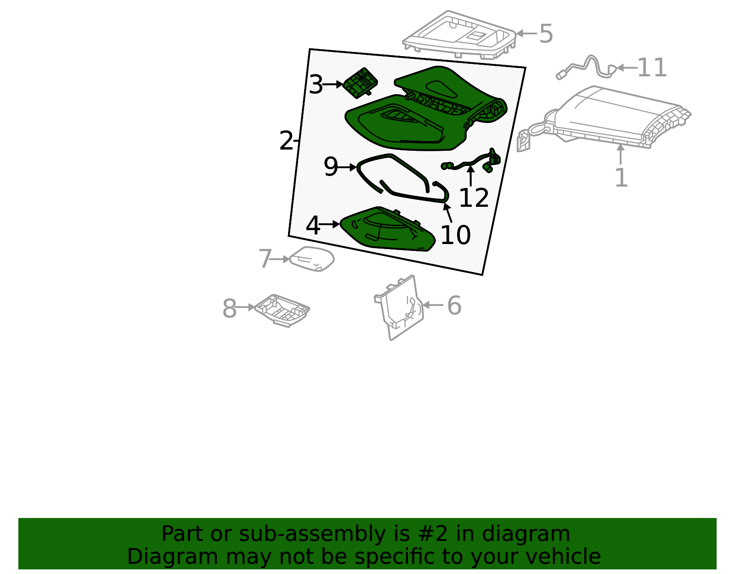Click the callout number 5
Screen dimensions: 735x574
[546, 34]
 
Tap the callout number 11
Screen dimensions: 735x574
[652, 68]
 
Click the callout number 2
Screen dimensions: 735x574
[286, 140]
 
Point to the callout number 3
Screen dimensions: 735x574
[316, 85]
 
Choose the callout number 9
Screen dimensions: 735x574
[331, 166]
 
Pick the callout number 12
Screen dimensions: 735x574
[474, 198]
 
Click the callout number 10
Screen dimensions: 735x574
[455, 235]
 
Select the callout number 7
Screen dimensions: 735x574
[265, 259]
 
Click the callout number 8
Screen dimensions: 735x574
[229, 308]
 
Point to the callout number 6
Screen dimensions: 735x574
[454, 305]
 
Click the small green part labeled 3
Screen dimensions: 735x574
[360, 83]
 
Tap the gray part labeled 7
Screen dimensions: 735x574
[312, 259]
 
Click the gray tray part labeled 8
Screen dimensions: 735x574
[282, 310]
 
